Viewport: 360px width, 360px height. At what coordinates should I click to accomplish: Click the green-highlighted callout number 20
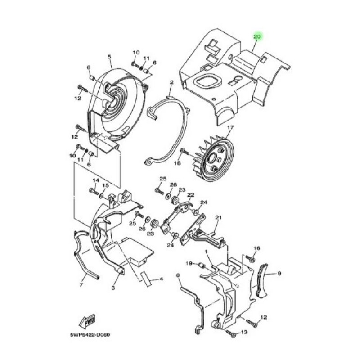point(257,37)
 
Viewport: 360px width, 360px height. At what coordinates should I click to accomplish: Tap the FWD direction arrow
point(87,320)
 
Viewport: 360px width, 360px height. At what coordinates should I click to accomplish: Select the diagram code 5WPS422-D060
point(90,335)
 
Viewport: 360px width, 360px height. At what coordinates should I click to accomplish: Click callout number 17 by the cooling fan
point(230,127)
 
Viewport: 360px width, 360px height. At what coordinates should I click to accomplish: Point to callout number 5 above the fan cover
point(109,57)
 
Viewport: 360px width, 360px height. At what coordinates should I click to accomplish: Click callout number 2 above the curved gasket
point(172,82)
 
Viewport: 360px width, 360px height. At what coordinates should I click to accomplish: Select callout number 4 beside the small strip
point(161,279)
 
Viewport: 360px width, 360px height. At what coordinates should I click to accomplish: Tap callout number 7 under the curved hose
point(81,285)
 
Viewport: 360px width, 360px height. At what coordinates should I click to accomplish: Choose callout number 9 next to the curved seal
point(279,274)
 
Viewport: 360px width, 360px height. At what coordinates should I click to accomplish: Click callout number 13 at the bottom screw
point(244,332)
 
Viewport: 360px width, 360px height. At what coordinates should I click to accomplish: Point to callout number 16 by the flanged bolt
point(256,248)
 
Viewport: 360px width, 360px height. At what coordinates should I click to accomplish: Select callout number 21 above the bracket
point(218,217)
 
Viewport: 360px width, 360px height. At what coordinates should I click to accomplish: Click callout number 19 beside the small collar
point(189,263)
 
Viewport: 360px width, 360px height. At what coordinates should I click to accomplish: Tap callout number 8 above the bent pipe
point(177,275)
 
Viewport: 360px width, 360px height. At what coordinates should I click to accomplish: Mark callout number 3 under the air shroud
point(113,288)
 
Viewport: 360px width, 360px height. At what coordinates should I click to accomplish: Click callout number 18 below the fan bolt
point(177,163)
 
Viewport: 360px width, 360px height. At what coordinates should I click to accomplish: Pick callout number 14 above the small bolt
point(96,180)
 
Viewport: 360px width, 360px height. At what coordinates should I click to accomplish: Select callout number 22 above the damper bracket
point(190,195)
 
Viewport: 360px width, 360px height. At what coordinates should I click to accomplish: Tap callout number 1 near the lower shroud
point(206,252)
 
